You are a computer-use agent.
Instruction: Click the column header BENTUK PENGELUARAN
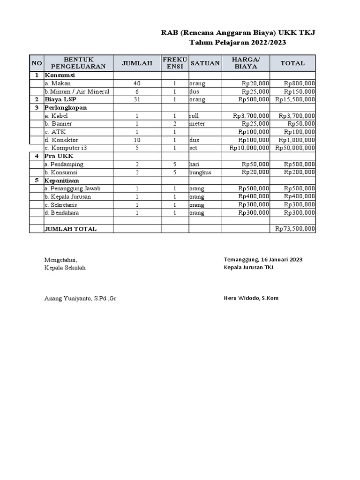(78, 63)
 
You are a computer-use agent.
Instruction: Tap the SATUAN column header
(205, 63)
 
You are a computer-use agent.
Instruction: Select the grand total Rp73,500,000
(295, 229)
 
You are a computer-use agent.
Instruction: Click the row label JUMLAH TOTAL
(70, 229)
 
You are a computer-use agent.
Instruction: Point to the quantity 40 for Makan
(137, 83)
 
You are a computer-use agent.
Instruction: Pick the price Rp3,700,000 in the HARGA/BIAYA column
(251, 115)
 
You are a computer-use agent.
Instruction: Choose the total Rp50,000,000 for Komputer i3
(295, 148)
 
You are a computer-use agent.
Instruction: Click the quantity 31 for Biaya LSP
(137, 99)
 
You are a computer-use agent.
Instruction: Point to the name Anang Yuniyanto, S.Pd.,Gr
(80, 298)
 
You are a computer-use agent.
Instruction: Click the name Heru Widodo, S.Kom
(251, 298)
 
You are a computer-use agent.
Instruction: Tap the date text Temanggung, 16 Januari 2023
(263, 259)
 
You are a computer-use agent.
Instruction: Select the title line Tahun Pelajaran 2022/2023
(237, 43)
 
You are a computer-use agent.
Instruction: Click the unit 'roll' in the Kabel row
(194, 115)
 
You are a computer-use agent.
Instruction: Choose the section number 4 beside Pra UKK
(36, 156)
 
